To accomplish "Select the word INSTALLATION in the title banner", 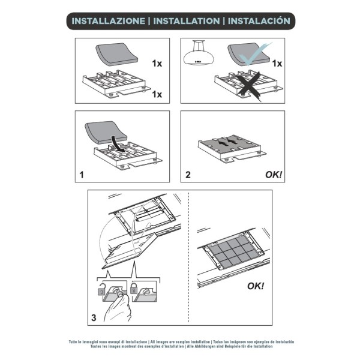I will click(187, 20).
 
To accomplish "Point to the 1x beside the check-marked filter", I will click(277, 63).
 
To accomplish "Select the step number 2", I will click(188, 175).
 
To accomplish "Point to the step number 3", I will click(94, 317).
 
